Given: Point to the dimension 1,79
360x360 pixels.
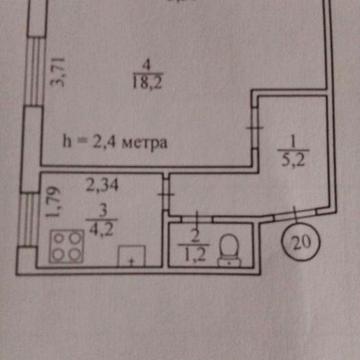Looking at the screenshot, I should (57, 203).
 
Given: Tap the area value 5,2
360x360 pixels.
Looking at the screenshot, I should (286, 156).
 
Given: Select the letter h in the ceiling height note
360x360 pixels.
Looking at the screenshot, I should (68, 142).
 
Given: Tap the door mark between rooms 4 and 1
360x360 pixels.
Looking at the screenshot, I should (258, 131).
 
